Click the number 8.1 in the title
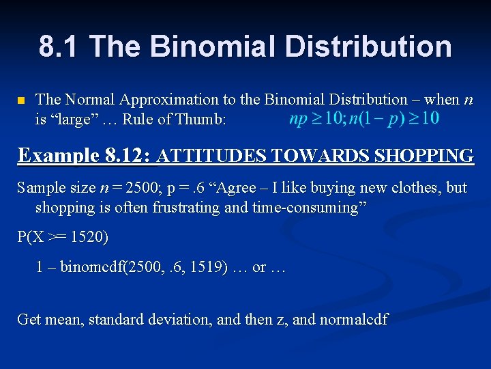59,47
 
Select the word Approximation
167,100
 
